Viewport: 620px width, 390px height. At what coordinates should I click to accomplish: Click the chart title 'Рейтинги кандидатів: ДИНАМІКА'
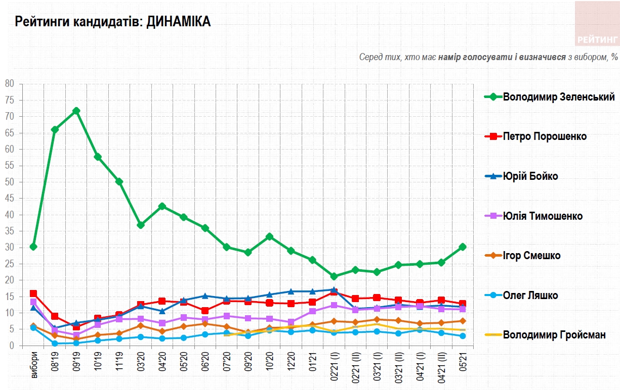[x=112, y=22]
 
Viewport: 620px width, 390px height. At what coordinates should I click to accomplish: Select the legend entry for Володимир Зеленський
[x=558, y=97]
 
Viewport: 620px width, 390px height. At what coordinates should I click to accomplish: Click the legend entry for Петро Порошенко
[x=545, y=136]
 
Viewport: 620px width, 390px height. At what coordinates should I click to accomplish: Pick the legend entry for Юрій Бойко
[x=530, y=176]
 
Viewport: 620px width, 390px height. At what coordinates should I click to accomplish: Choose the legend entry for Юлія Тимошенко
[x=543, y=216]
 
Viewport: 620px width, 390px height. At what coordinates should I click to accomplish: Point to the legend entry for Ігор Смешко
[x=531, y=256]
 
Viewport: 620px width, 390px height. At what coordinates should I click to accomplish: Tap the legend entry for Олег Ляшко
[x=530, y=296]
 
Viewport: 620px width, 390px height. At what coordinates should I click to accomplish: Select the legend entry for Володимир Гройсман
[x=554, y=335]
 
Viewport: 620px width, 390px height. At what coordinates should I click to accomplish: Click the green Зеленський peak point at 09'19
[x=76, y=111]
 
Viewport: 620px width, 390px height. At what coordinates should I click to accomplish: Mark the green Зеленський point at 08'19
[x=55, y=130]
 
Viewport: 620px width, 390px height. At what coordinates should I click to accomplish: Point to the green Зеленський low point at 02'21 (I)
[x=334, y=276]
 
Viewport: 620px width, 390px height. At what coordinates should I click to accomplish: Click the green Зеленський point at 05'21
[x=463, y=247]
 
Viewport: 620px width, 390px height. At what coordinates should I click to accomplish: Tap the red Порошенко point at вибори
[x=33, y=294]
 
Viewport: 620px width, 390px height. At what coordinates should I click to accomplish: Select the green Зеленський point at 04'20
[x=162, y=206]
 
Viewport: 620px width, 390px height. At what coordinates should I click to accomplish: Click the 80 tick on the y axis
[x=10, y=84]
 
